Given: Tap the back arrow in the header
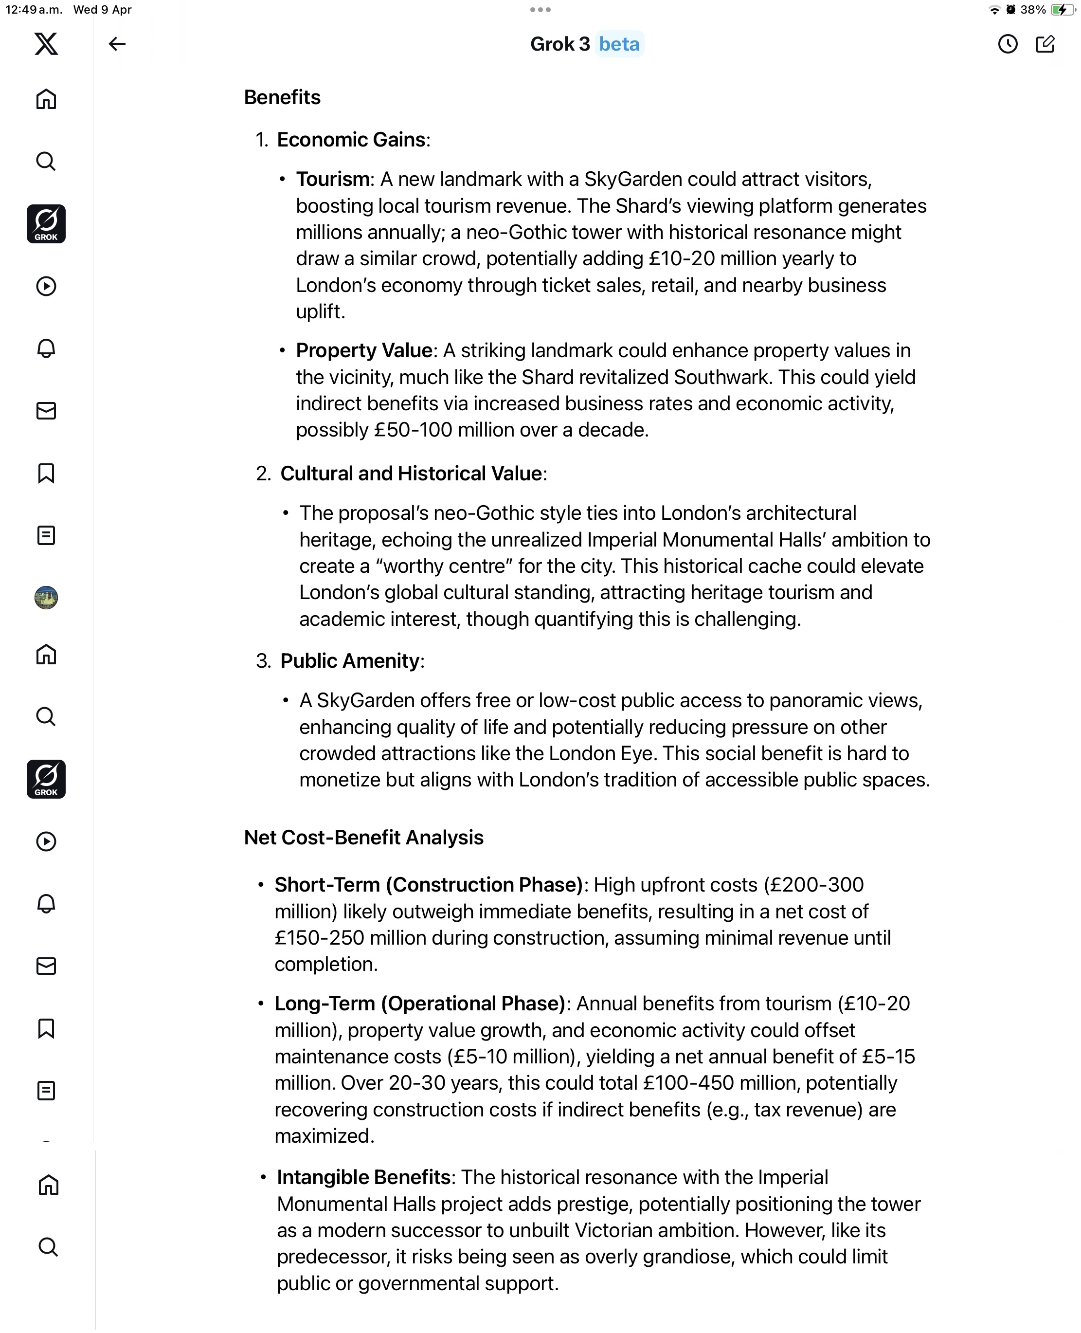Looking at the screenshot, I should pos(117,44).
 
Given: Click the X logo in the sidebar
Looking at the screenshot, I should pos(46,44).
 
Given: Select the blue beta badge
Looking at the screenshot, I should pos(619,44).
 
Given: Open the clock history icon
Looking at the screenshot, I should pos(1008,44).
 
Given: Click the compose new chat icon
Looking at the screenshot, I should pos(1045,44).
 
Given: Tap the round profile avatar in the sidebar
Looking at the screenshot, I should pos(46,597).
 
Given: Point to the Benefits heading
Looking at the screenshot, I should pos(282,97).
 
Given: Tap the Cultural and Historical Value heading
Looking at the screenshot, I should pos(411,474).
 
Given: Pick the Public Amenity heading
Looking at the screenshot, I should pos(350,661).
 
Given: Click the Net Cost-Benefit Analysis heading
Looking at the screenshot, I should pos(363,838).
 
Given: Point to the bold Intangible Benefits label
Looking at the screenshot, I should pos(363,1177).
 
